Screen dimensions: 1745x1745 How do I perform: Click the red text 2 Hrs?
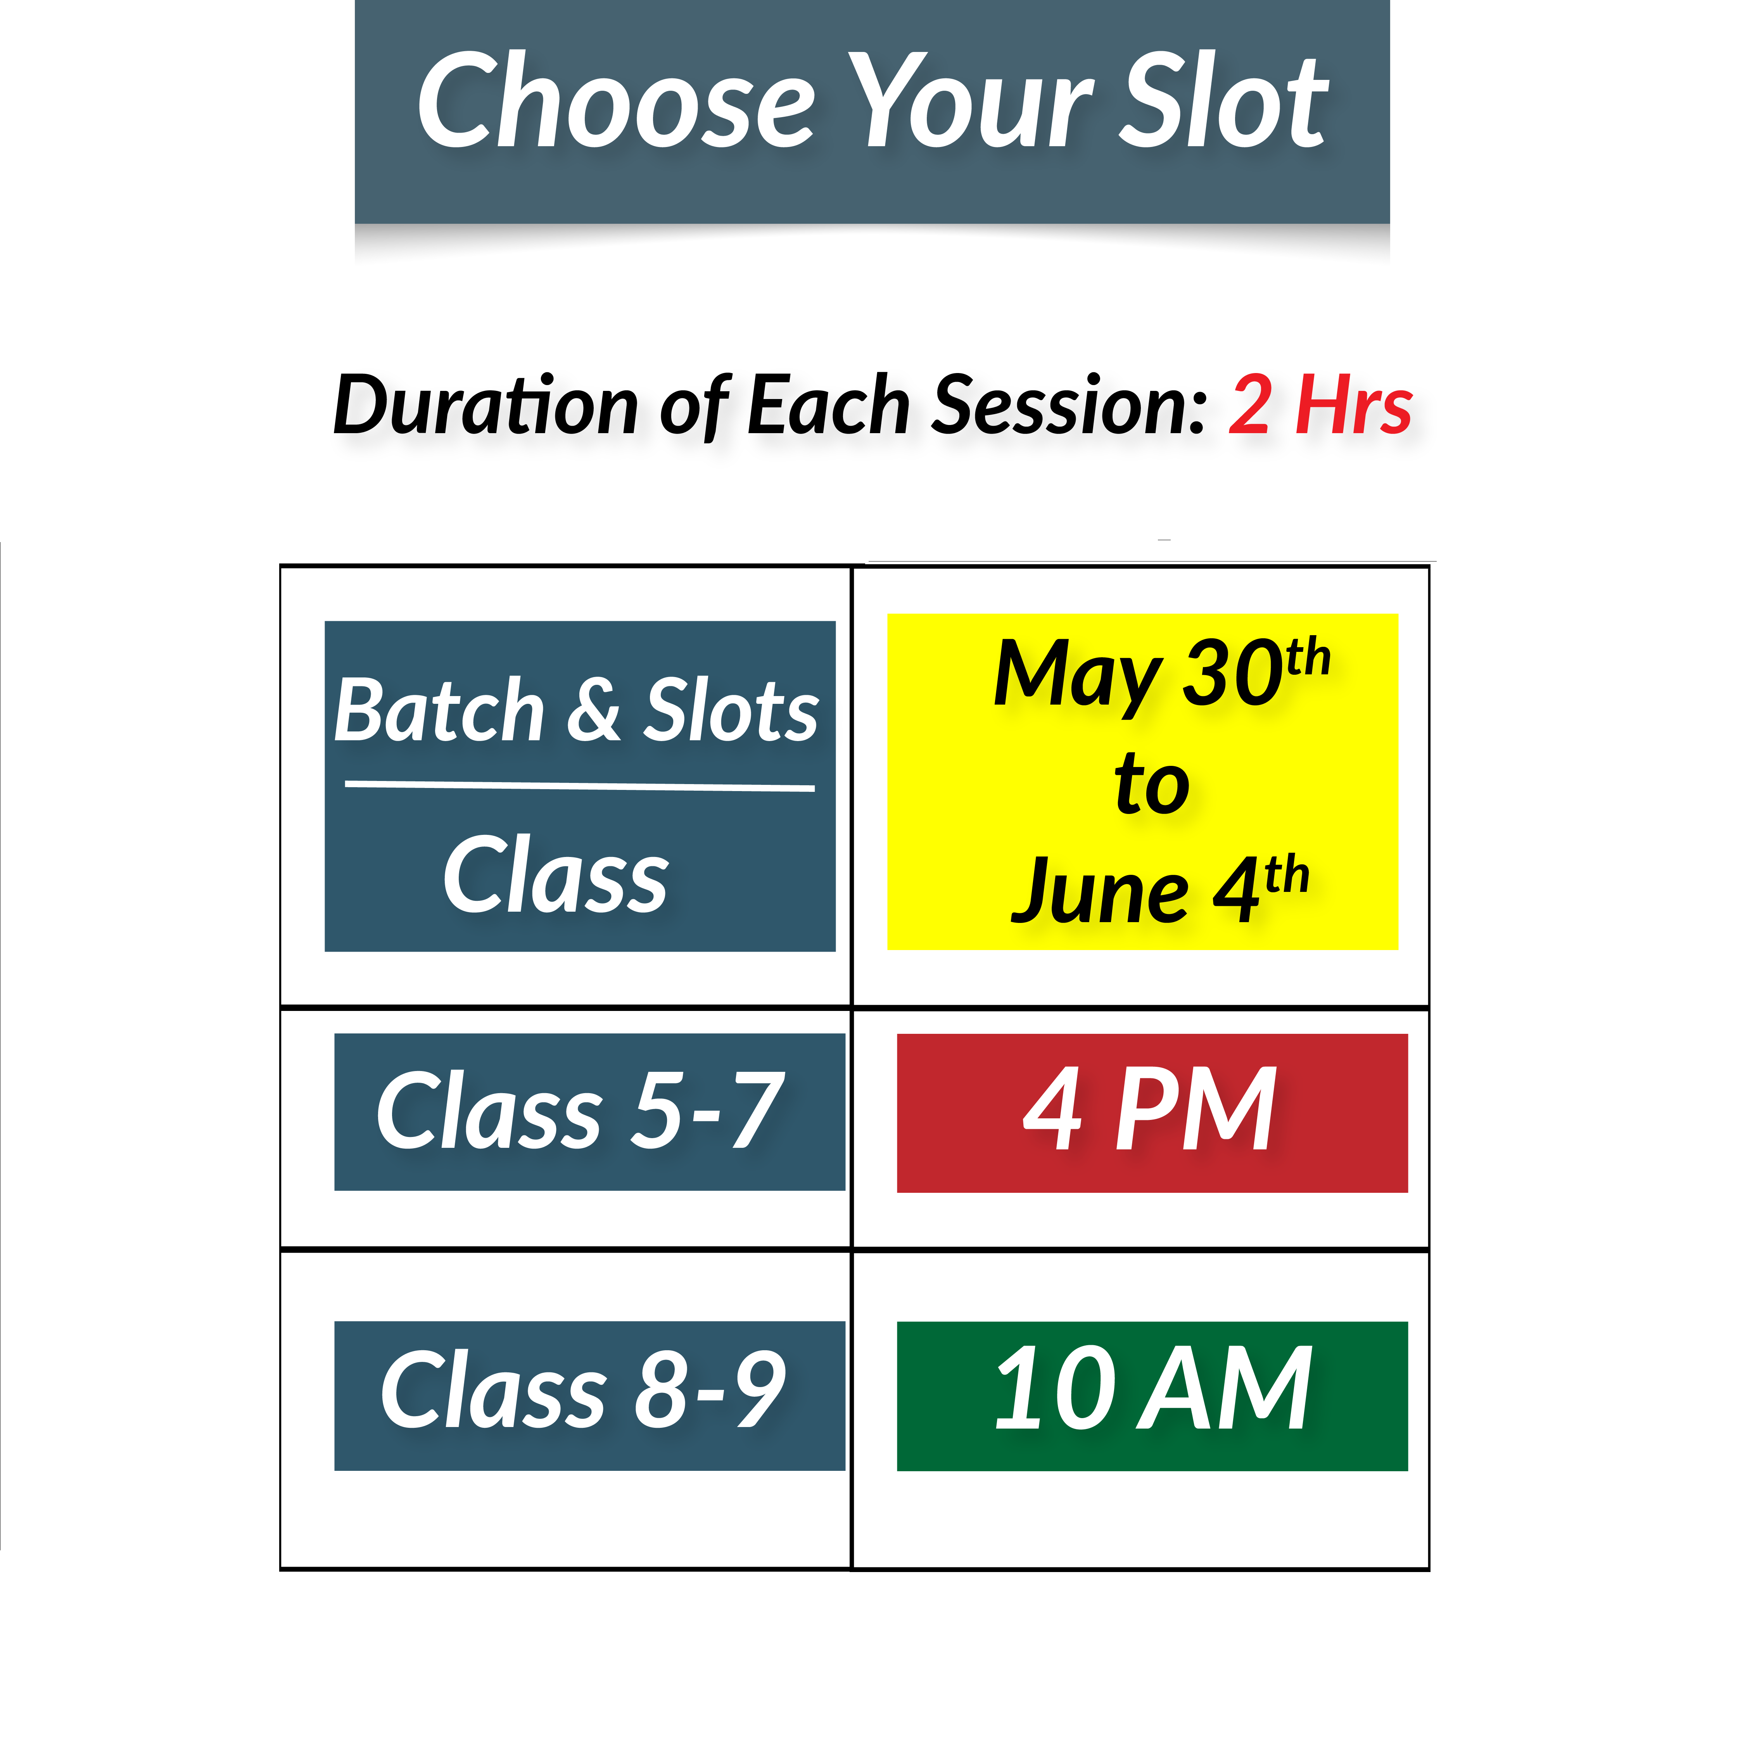(1320, 406)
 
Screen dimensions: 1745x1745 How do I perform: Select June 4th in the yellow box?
(1160, 890)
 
